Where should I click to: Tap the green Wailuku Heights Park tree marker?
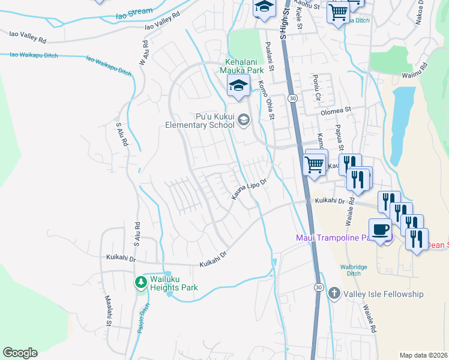click(x=141, y=282)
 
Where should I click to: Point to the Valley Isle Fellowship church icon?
click(x=334, y=294)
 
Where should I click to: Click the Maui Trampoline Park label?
click(x=336, y=238)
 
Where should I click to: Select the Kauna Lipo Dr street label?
click(x=249, y=188)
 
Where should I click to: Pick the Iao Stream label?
click(x=134, y=12)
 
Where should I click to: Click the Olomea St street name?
click(x=337, y=111)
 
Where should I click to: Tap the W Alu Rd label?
click(x=144, y=53)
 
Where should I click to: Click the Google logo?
click(x=20, y=353)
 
